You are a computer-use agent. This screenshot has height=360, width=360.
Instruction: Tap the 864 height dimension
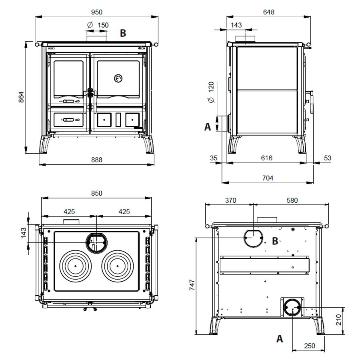22,97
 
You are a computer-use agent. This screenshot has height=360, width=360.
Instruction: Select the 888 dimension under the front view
96,160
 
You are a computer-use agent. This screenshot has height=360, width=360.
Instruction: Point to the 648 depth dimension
269,12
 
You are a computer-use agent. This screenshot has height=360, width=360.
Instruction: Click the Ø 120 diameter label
211,92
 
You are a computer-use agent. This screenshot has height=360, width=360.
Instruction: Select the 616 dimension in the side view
266,158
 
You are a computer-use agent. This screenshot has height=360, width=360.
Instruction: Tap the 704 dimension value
268,178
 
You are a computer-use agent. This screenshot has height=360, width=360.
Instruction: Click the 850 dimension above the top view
96,193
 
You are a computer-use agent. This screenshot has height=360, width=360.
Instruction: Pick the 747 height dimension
192,285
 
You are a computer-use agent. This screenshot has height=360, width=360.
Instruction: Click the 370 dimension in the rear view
230,200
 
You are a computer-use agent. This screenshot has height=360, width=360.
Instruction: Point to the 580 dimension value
292,200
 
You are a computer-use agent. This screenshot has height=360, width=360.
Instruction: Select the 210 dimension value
339,320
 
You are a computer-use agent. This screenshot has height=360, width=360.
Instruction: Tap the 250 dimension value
310,346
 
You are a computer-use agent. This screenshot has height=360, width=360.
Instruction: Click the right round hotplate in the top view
118,266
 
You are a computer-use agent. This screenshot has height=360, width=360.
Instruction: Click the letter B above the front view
123,33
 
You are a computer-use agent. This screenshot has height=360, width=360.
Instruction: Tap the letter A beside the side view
208,127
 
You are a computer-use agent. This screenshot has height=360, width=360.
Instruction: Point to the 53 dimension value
328,158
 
